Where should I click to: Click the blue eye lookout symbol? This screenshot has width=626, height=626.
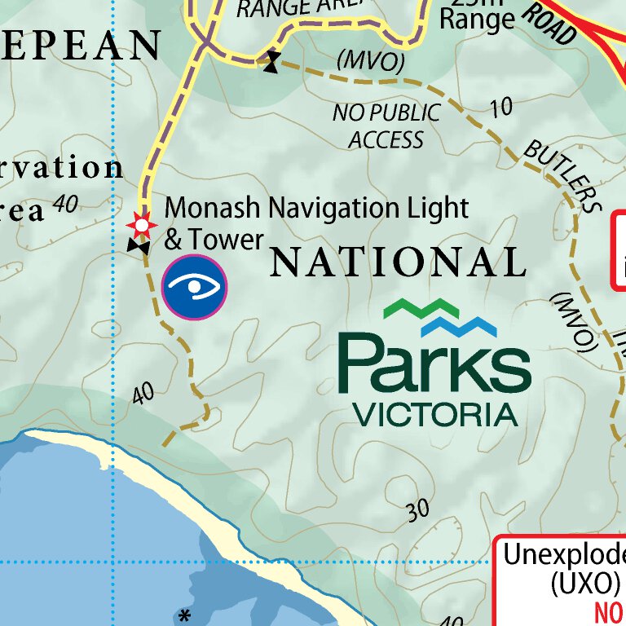pyautogui.click(x=194, y=286)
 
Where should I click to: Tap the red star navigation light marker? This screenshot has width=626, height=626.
pyautogui.click(x=142, y=223)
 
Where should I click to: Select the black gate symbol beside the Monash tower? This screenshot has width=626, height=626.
pyautogui.click(x=138, y=245)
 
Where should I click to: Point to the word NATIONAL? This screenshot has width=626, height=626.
pyautogui.click(x=398, y=262)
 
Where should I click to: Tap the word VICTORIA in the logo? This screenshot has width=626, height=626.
pyautogui.click(x=435, y=414)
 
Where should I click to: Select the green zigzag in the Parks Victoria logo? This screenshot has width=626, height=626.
pyautogui.click(x=421, y=308)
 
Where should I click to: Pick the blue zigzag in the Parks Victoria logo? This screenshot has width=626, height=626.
pyautogui.click(x=459, y=327)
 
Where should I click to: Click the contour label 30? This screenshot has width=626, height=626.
pyautogui.click(x=417, y=511)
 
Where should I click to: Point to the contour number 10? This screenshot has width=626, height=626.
pyautogui.click(x=502, y=107)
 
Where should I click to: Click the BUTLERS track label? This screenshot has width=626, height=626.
pyautogui.click(x=561, y=174)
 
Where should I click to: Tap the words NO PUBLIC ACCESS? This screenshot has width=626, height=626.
pyautogui.click(x=386, y=126)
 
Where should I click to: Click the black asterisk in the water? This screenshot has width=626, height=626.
pyautogui.click(x=185, y=614)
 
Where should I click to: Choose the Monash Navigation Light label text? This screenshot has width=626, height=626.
pyautogui.click(x=316, y=209)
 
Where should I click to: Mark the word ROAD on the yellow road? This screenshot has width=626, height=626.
pyautogui.click(x=548, y=23)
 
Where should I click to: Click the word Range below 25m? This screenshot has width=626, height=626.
pyautogui.click(x=477, y=19)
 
